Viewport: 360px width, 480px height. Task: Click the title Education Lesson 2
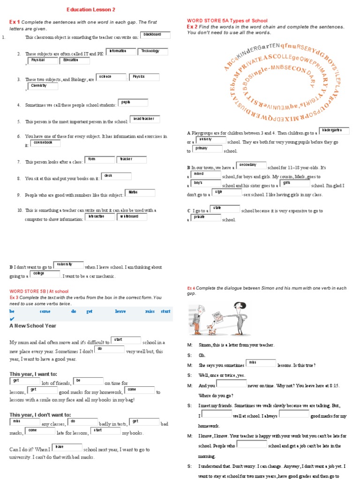point(90,9)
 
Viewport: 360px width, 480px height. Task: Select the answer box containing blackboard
point(155,35)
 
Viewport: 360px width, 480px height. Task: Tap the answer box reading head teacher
point(145,120)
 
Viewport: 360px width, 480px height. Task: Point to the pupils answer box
point(133,103)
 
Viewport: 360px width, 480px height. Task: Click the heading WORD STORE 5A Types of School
point(227,21)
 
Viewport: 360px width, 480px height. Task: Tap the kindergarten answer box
point(334,131)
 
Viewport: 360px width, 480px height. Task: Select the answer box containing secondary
point(251,165)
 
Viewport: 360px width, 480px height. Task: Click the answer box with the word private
point(205,217)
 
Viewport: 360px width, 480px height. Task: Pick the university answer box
point(68,265)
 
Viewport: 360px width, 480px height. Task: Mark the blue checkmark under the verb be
point(12,319)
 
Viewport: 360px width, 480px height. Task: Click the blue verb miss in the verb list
point(150,311)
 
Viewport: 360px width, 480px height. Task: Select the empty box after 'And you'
point(231,383)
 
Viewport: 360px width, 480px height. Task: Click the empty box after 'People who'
point(252,444)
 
